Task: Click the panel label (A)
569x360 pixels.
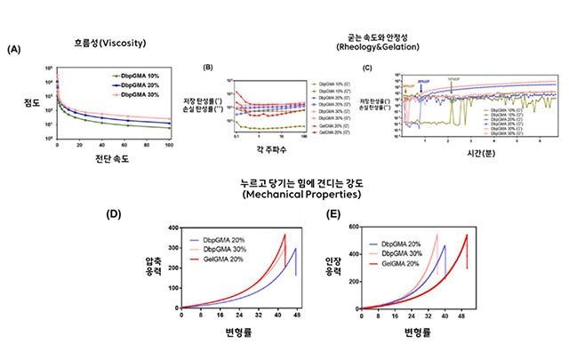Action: pyautogui.click(x=13, y=50)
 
